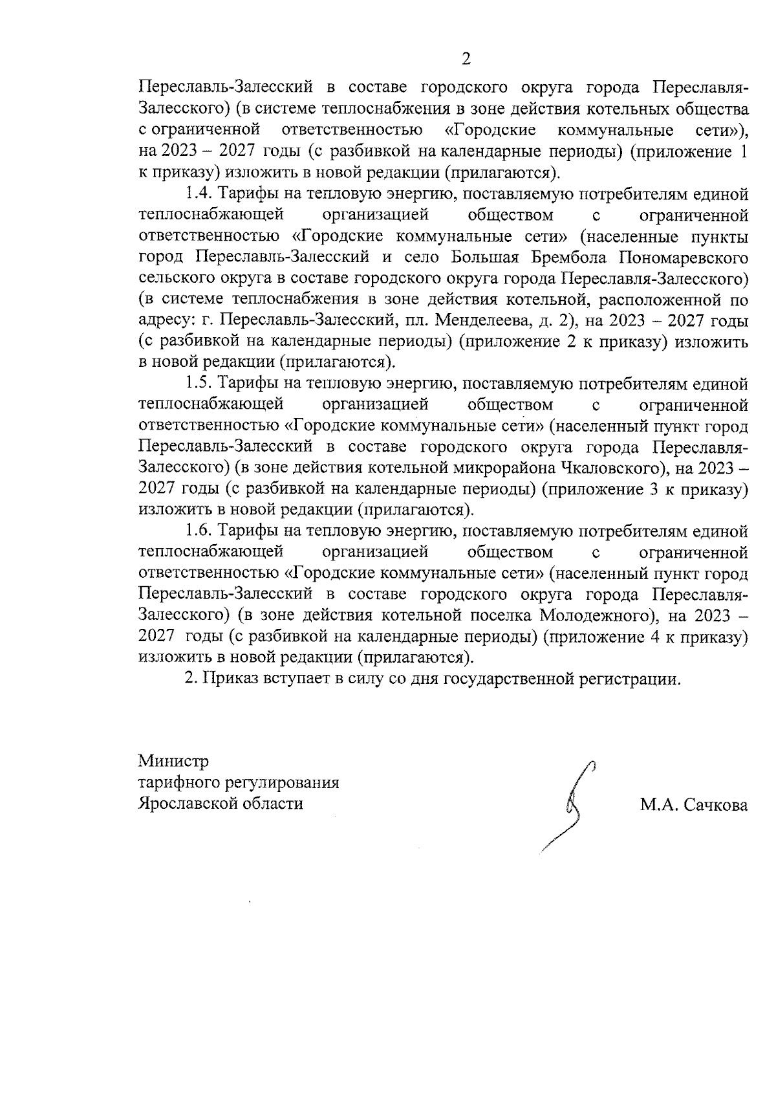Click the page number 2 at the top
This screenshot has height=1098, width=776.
[x=466, y=59]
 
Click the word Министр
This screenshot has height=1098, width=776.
[x=173, y=761]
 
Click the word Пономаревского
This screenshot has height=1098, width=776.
[x=684, y=257]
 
